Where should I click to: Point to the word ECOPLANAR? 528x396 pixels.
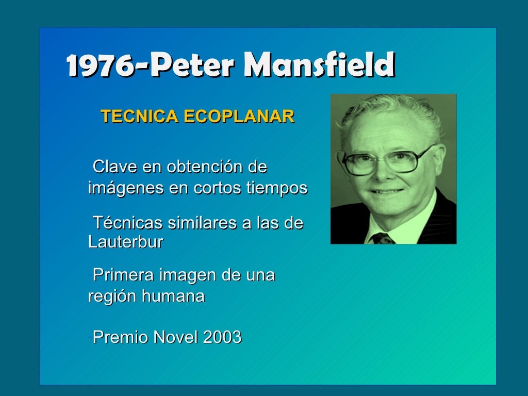239,117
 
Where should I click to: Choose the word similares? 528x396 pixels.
200,223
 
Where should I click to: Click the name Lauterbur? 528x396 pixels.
126,242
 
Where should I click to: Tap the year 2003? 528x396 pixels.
222,337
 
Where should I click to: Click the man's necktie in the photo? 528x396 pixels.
382,238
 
